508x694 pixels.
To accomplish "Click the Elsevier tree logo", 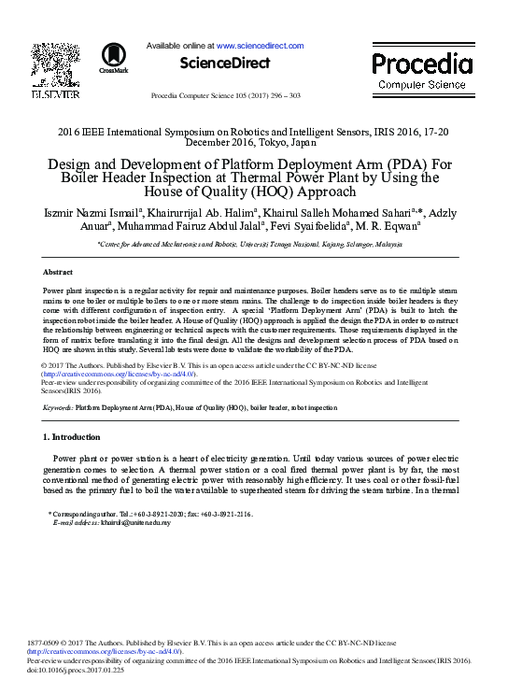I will (x=55, y=64).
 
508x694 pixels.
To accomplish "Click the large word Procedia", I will (x=422, y=64).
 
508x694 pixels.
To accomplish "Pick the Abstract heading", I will (x=58, y=272).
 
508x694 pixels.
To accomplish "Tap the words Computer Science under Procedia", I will (x=422, y=85).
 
